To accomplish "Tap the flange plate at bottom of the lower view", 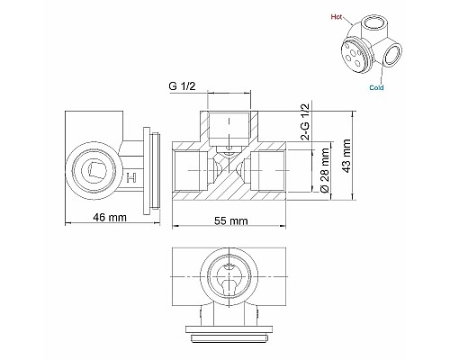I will tap(230, 336).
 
